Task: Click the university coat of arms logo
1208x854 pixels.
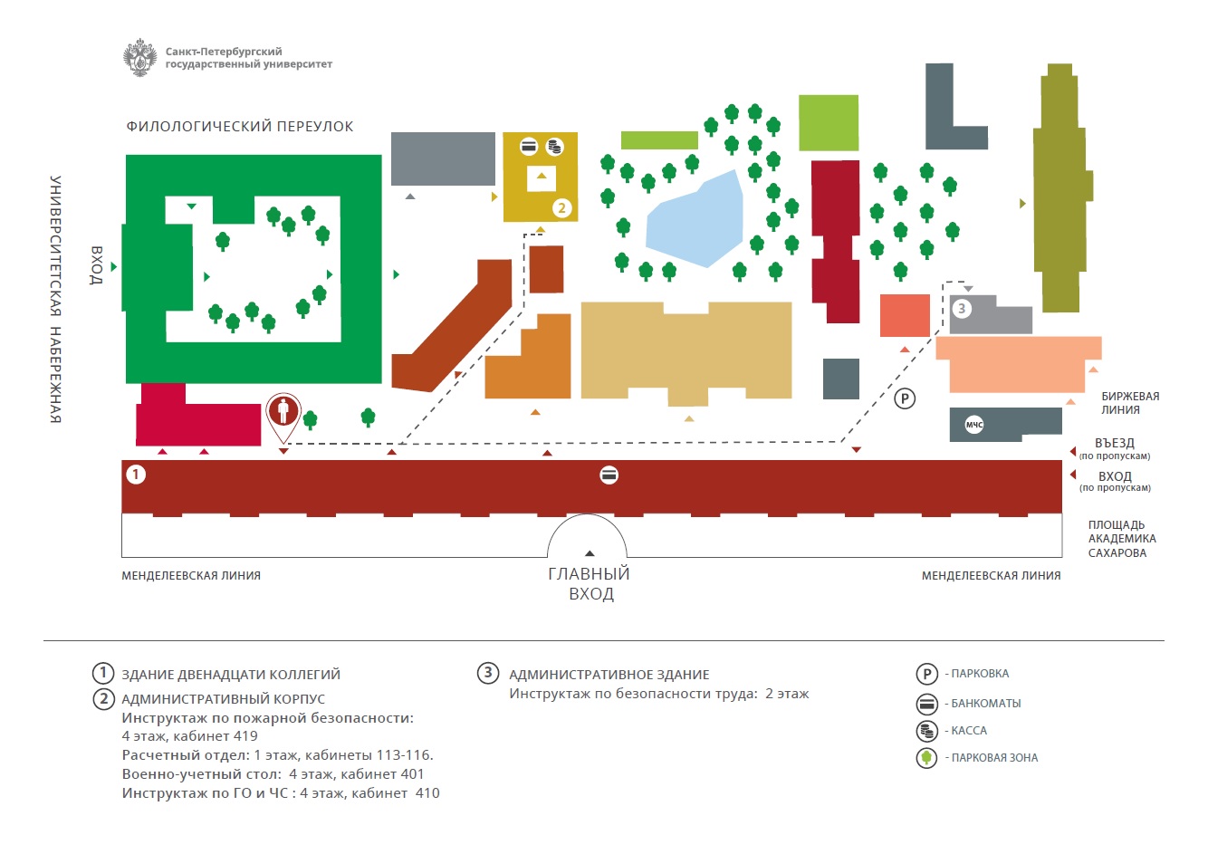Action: (x=140, y=58)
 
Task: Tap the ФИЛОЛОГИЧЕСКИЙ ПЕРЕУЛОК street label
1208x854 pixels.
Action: (x=240, y=127)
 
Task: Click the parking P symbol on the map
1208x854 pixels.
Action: (x=904, y=398)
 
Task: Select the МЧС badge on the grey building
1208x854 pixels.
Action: (x=974, y=425)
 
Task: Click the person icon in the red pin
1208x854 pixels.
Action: (x=283, y=410)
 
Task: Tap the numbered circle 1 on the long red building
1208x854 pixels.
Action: (x=136, y=474)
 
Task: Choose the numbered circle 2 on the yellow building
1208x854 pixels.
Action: (x=561, y=207)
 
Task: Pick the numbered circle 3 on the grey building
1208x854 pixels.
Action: (x=962, y=309)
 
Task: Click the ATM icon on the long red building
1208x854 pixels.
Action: (x=609, y=475)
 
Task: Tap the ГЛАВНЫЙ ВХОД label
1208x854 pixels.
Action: (x=590, y=584)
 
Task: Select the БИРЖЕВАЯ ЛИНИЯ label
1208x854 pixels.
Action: (x=1129, y=403)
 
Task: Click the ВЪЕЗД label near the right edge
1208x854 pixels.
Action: (x=1114, y=443)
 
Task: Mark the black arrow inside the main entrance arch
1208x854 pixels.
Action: (x=590, y=553)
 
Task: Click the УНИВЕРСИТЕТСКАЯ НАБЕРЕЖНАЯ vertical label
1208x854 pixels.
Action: (x=55, y=299)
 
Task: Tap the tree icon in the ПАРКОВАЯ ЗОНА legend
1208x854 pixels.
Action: (x=926, y=758)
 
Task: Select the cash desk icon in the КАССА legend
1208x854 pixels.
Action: (x=926, y=731)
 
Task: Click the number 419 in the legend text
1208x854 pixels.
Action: (x=245, y=736)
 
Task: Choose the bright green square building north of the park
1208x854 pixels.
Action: (x=829, y=122)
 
